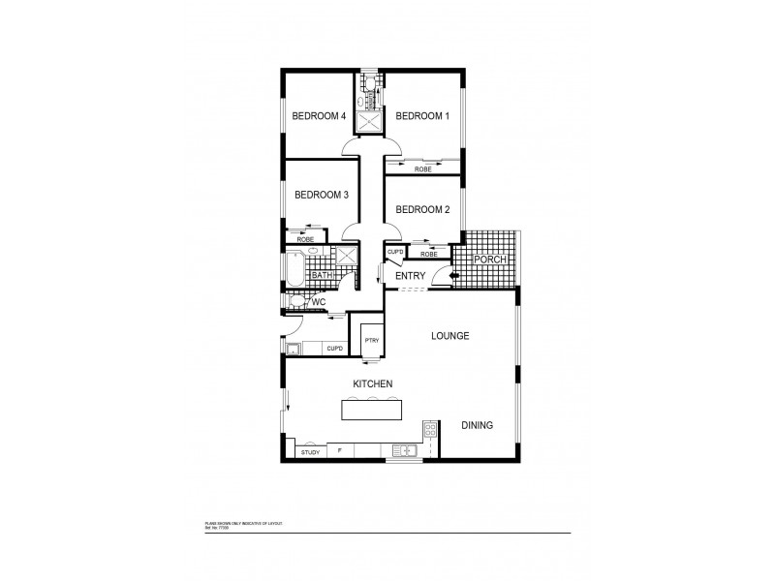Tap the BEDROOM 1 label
tap(421, 116)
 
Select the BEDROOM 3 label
tap(321, 195)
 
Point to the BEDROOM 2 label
tap(423, 209)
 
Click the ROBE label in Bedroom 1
tap(422, 169)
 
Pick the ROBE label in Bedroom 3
tap(305, 238)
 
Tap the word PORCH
tap(491, 260)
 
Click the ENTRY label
tap(411, 277)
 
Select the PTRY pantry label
tap(371, 341)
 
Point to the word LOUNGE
tap(450, 336)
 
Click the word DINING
tap(478, 425)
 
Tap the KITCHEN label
tap(372, 384)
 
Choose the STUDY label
tap(310, 452)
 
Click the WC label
tap(317, 303)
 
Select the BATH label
tap(322, 276)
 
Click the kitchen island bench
tap(372, 411)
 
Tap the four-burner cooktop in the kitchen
tap(428, 430)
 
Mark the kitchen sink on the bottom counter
tap(405, 450)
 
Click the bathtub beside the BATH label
tap(294, 269)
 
